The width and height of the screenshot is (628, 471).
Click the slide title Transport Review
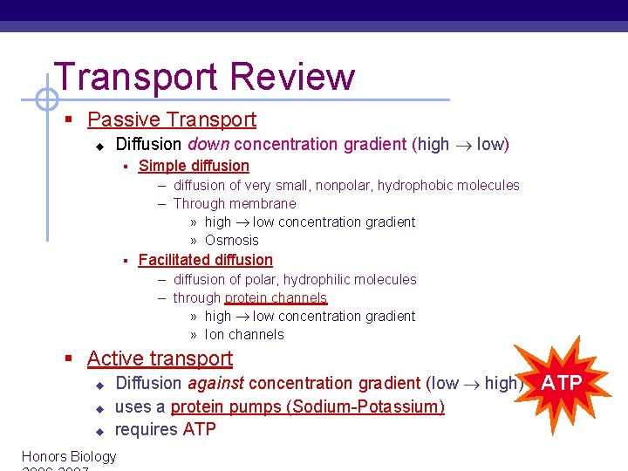point(204,77)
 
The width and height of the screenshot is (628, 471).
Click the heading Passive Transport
point(172,119)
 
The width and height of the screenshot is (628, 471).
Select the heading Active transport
point(160,358)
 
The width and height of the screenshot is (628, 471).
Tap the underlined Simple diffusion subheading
point(194,166)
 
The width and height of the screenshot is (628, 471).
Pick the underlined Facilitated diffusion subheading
point(205,260)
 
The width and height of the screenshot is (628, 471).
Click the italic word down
point(208,144)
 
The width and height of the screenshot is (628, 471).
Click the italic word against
point(215,383)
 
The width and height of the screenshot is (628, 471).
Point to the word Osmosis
point(231,241)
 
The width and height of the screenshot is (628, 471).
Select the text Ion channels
point(243,335)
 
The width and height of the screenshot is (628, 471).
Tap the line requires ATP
point(165,429)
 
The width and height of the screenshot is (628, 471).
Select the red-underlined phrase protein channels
point(276,298)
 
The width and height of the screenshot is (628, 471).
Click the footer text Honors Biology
point(69,456)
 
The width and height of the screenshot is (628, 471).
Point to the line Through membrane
point(234,203)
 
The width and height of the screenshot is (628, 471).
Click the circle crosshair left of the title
point(40,99)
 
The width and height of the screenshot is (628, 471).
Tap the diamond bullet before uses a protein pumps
point(99,407)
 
